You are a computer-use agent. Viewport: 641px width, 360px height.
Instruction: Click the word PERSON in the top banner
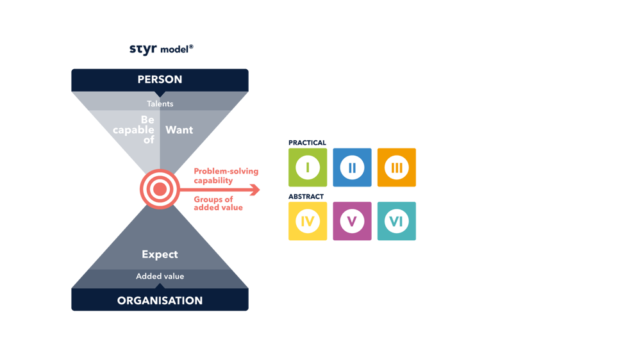tap(160, 79)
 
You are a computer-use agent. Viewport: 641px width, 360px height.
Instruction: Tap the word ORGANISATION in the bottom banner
tap(160, 300)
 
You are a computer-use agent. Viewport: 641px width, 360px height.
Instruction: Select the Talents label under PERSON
tap(160, 103)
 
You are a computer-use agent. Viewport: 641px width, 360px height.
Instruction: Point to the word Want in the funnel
tap(179, 129)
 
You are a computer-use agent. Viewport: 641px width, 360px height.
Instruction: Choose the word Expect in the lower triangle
tap(160, 254)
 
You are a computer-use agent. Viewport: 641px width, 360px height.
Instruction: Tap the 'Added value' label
tap(160, 276)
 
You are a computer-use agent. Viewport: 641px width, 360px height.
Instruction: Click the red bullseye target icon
tap(160, 189)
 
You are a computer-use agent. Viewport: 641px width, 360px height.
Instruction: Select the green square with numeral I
tap(308, 168)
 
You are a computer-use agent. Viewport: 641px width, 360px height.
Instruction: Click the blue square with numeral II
tap(352, 168)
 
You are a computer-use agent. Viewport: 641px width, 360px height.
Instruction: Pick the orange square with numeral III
tap(396, 168)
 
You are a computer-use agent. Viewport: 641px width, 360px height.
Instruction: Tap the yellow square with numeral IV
tap(308, 221)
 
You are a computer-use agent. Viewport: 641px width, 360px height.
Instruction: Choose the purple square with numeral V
tap(352, 221)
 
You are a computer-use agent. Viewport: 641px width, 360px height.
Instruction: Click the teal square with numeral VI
tap(396, 221)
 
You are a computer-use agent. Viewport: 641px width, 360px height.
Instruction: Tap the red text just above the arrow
tap(217, 176)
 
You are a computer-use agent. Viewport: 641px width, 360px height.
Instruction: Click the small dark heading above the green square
tap(306, 142)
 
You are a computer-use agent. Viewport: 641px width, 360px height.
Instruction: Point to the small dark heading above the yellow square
tap(306, 195)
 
